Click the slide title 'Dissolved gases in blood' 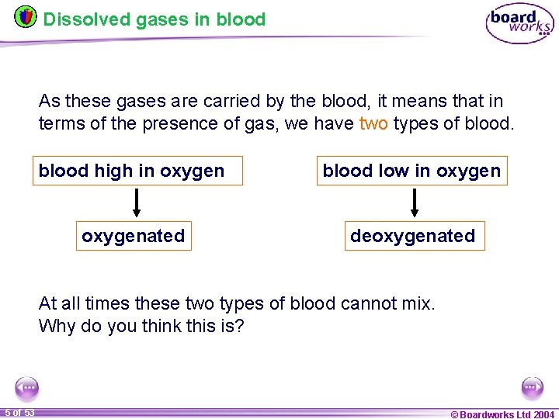(155, 19)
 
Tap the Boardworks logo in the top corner (519, 24)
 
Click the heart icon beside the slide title (25, 16)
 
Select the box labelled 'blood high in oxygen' (138, 171)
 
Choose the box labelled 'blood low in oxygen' (411, 171)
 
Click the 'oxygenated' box (134, 236)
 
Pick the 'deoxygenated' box (412, 236)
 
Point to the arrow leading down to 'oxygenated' (137, 203)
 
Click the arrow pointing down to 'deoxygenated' (414, 203)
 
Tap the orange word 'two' (373, 124)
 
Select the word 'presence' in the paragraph (167, 124)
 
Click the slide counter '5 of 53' (19, 413)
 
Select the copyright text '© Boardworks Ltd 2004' (502, 414)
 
